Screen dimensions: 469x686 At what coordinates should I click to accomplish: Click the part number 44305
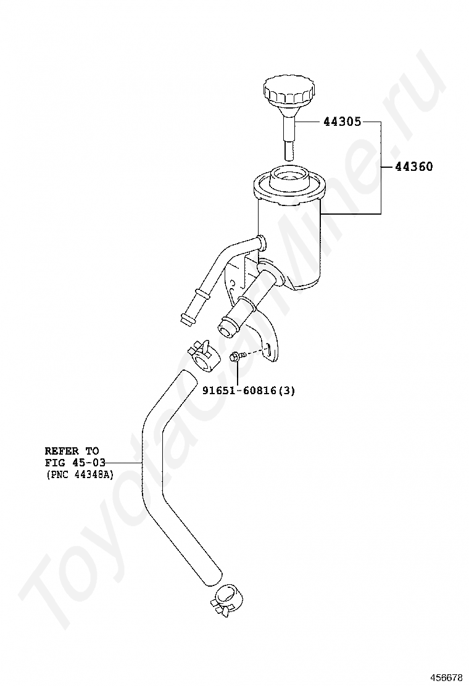(x=342, y=122)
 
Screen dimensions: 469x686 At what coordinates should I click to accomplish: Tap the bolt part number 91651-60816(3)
(x=248, y=390)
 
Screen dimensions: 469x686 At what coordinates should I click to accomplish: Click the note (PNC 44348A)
(x=79, y=474)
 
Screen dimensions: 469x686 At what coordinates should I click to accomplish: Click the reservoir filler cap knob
(x=288, y=93)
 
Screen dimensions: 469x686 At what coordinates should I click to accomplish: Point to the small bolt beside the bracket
(x=236, y=356)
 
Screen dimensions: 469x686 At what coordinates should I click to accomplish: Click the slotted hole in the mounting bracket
(x=269, y=350)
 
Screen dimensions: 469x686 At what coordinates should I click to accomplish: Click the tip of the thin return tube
(x=185, y=318)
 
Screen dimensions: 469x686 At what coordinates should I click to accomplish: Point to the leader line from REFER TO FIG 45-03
(x=126, y=463)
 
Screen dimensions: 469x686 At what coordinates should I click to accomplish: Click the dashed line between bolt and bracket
(x=255, y=352)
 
